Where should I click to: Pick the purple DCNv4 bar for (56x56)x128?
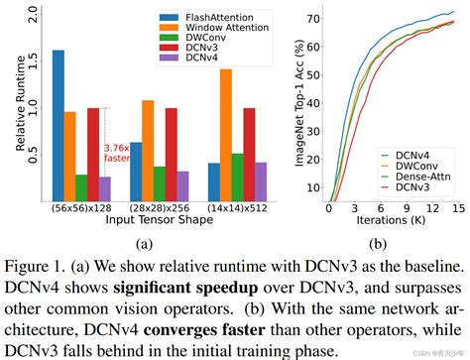click(105, 188)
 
